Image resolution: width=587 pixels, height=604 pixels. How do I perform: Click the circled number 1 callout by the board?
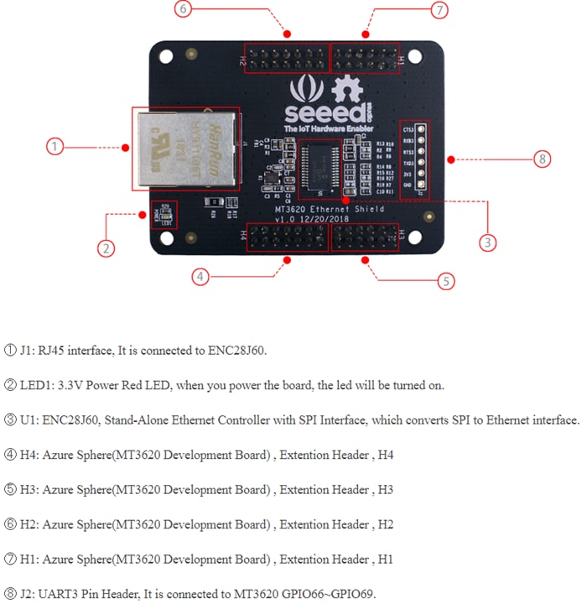55,147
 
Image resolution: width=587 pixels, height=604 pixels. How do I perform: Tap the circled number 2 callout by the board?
106,247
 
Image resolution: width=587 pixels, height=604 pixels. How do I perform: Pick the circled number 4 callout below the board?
199,277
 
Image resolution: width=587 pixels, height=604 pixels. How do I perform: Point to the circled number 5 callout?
447,281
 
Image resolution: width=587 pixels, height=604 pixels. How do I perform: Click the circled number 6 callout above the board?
184,9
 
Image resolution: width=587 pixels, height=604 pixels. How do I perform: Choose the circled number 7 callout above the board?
439,10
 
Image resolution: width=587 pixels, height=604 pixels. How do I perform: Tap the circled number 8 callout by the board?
543,159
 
